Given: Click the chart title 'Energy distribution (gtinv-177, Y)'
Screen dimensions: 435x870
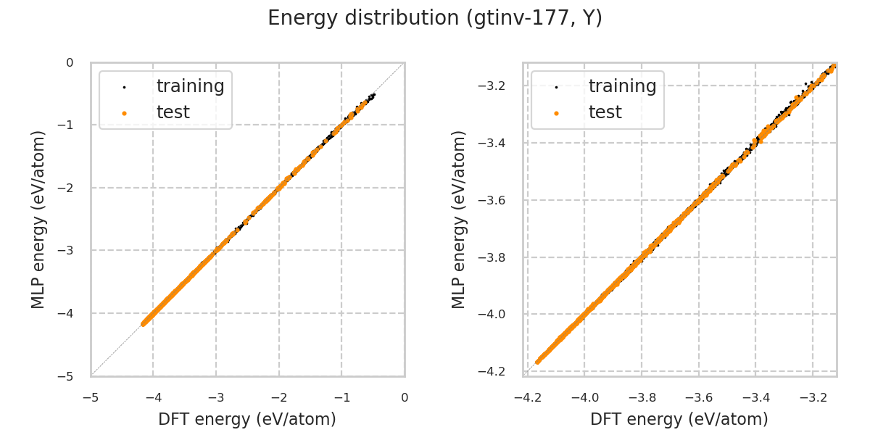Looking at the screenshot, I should (x=435, y=18).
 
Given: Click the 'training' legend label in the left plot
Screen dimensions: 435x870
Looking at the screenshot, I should (x=190, y=86).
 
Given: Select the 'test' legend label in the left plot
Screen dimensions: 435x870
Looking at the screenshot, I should (x=173, y=112).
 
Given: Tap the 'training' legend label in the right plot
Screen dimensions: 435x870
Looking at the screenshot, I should (x=622, y=86).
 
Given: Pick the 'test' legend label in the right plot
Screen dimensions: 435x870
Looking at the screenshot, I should (x=605, y=112).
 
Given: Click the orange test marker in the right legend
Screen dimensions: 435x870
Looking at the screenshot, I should (x=556, y=113).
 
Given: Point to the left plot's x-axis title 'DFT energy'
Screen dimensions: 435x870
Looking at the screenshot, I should (x=247, y=419).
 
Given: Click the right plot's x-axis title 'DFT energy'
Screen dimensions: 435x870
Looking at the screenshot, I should (x=679, y=419).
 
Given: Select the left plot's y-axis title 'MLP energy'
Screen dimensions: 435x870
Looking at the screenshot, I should (x=38, y=219).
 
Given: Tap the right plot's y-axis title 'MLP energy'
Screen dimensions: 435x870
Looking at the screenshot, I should (x=459, y=219).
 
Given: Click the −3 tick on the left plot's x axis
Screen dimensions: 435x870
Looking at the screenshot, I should (x=216, y=397).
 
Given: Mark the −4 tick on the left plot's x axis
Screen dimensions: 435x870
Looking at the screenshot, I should (x=154, y=397).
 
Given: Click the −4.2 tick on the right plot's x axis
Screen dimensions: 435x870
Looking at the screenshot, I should (x=528, y=397).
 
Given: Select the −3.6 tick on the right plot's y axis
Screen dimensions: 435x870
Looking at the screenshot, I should (x=495, y=200).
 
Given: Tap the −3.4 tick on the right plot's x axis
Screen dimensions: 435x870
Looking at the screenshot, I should (x=755, y=397).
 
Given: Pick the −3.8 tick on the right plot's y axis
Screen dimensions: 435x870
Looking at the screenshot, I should (x=495, y=257).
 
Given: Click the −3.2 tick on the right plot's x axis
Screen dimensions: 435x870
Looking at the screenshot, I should (x=812, y=397).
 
